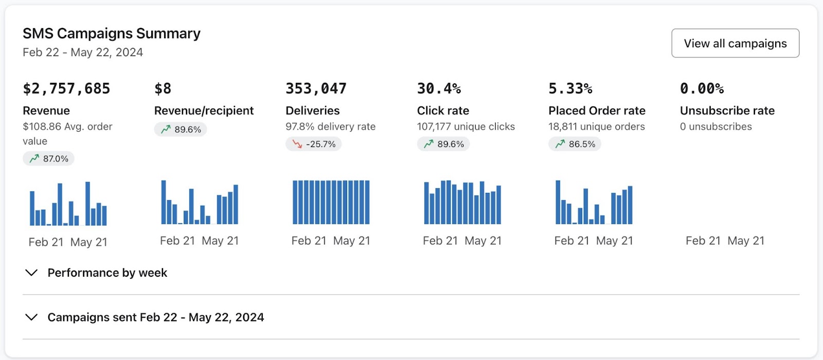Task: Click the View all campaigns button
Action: point(735,43)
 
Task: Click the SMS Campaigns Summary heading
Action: point(112,33)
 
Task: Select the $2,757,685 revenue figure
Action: point(66,88)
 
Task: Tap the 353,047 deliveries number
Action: point(316,88)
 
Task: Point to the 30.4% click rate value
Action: point(439,88)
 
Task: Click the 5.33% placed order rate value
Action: point(570,88)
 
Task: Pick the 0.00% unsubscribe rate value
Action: point(702,88)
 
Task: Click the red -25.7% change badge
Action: point(314,144)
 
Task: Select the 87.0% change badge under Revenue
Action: point(49,158)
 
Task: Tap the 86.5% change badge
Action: point(575,144)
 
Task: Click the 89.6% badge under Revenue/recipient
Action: point(181,129)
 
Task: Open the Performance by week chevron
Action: point(31,273)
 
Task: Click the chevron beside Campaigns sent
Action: point(31,317)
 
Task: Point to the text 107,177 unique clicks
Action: point(466,127)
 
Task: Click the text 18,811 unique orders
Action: point(596,127)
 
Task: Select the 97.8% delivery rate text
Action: point(330,127)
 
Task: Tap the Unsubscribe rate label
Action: point(727,111)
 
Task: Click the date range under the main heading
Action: point(83,52)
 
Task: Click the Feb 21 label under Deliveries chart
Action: point(309,241)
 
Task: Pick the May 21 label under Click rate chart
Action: point(483,241)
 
